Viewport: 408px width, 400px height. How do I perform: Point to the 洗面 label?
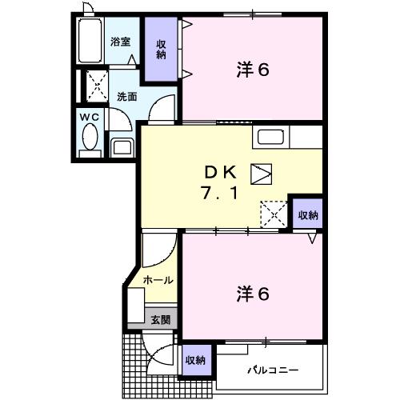[126, 96]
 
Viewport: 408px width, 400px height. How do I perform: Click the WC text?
[88, 116]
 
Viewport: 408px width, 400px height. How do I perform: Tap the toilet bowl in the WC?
[88, 142]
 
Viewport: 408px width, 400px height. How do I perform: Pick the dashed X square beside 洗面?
[96, 86]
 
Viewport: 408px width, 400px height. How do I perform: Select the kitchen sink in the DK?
[270, 137]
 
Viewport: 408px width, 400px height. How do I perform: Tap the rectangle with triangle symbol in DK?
[261, 173]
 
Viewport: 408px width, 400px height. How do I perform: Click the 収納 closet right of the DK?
[307, 214]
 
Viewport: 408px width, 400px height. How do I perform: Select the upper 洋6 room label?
[253, 70]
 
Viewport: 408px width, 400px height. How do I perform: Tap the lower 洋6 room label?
[253, 294]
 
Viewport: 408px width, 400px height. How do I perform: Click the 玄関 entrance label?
[160, 319]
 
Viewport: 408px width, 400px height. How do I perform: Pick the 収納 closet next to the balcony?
[194, 360]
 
